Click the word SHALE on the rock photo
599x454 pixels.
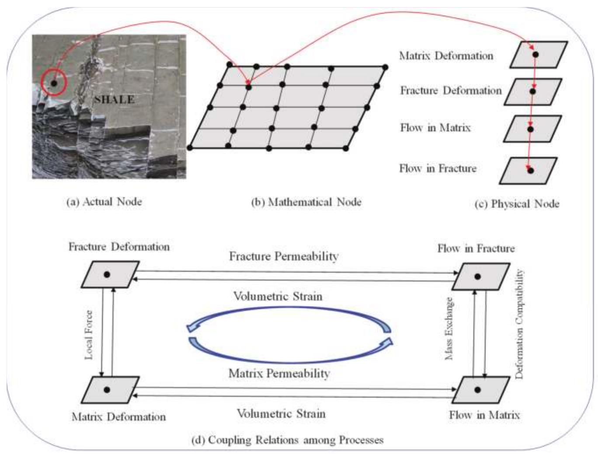pos(114,99)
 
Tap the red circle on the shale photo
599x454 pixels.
pos(53,82)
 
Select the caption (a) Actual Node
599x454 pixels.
pos(104,202)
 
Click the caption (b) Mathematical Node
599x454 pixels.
pos(306,202)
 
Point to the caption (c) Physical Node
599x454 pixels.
pos(517,204)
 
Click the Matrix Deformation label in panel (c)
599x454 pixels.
pos(446,56)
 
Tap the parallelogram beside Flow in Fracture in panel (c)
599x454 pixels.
pos(528,171)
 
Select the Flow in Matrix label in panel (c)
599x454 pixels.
pos(435,128)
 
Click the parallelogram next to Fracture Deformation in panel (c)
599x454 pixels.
pos(533,92)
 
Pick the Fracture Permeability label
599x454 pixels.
pos(284,256)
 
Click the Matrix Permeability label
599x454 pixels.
pos(279,374)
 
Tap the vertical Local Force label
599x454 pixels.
pos(89,335)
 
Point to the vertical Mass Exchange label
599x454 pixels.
pos(449,328)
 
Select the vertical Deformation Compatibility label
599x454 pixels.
pos(519,324)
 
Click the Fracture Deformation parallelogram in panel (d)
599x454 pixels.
pos(110,275)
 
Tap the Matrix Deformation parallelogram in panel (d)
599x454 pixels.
pos(110,390)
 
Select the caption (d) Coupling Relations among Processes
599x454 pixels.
pos(287,440)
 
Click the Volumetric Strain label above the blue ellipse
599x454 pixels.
pos(278,297)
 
